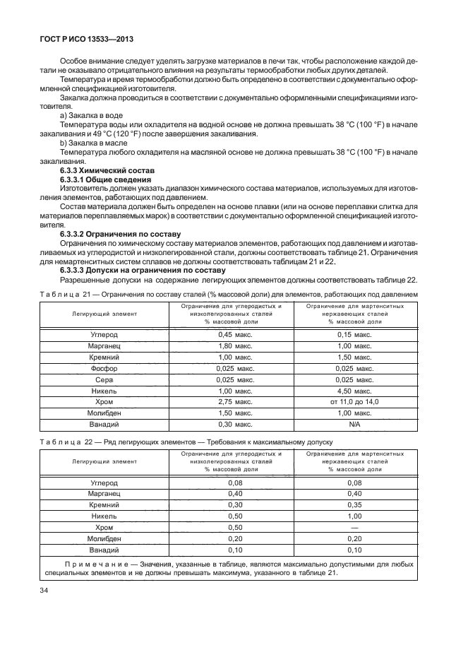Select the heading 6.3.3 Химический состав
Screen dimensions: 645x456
pyautogui.click(x=104, y=172)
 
